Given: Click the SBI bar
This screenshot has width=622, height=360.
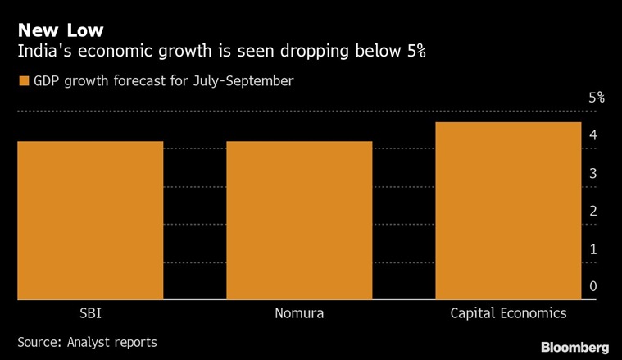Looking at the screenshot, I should [90, 220].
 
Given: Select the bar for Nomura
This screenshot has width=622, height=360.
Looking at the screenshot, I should [299, 220].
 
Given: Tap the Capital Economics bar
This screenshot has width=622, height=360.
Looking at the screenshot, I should [508, 211].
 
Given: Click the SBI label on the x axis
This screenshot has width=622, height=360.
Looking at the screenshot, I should [90, 313].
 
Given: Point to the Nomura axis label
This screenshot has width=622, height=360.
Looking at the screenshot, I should [299, 313].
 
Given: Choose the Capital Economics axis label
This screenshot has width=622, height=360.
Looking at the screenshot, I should [508, 313].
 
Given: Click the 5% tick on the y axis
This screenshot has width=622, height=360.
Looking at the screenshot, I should [597, 98].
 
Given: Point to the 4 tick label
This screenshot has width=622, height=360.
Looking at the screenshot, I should [592, 135].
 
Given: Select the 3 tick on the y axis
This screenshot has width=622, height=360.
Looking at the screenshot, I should [592, 173].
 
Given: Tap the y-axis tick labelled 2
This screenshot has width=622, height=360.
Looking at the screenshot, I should [592, 211].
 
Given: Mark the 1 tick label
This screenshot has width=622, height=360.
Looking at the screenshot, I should [592, 248].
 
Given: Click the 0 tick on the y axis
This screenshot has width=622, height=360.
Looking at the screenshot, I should [592, 286].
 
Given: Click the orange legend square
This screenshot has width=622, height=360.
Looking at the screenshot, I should [23, 81].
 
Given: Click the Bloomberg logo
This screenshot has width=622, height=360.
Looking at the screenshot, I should [574, 347].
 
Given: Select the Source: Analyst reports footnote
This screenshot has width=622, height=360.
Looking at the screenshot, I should [87, 341].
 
